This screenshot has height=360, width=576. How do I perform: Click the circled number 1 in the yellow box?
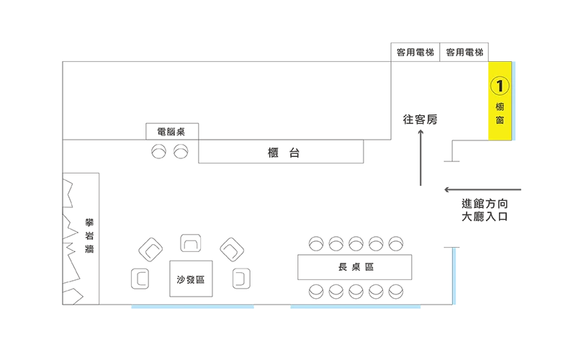[x=500, y=85]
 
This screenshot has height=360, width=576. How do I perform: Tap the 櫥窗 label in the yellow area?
[x=500, y=113]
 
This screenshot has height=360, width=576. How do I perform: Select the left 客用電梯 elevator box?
[x=415, y=53]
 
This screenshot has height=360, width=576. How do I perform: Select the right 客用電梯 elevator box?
[x=464, y=53]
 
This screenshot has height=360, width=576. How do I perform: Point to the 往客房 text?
[x=420, y=120]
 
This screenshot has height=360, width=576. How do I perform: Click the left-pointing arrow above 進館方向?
[x=481, y=190]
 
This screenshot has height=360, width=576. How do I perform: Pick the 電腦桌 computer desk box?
[x=172, y=132]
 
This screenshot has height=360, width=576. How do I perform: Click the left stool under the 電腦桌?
[x=159, y=151]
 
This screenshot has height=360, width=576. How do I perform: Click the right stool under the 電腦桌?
[x=181, y=151]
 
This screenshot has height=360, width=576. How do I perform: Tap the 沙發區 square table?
[x=191, y=279]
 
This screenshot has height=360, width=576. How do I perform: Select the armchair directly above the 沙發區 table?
[x=191, y=244]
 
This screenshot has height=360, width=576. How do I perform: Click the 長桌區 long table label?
[x=355, y=267]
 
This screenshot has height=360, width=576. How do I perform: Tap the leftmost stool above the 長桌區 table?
[x=315, y=244]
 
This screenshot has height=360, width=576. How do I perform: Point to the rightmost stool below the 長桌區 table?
[x=395, y=291]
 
